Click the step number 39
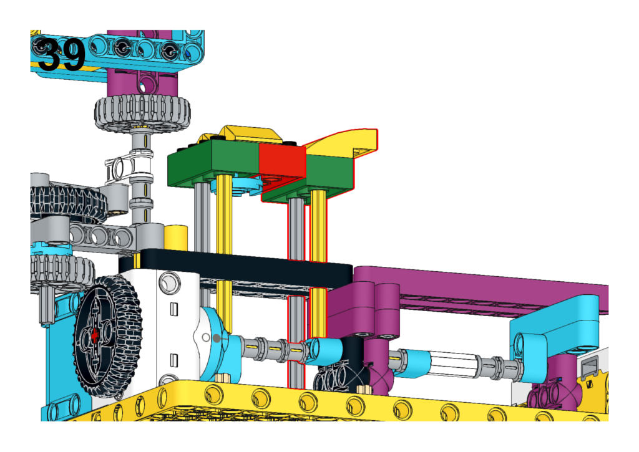coord(62,55)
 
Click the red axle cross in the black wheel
coord(95,335)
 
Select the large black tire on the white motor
coord(107,337)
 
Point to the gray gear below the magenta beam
coord(143,112)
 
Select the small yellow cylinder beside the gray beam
coord(175,238)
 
